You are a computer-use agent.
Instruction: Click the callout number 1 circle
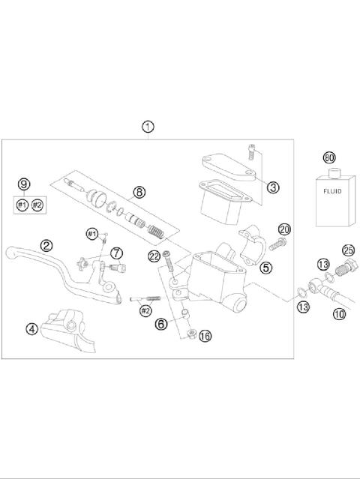click(x=148, y=127)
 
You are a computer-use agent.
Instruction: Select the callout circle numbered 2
click(x=46, y=245)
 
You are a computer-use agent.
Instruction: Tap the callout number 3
click(x=273, y=187)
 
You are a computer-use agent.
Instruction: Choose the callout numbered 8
click(x=139, y=192)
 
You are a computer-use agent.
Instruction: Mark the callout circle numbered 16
click(x=205, y=336)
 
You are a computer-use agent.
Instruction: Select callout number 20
click(x=284, y=229)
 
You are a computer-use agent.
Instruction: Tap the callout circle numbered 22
click(x=154, y=256)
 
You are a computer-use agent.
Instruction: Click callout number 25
click(x=348, y=249)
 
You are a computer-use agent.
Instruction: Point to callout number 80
click(x=328, y=158)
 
